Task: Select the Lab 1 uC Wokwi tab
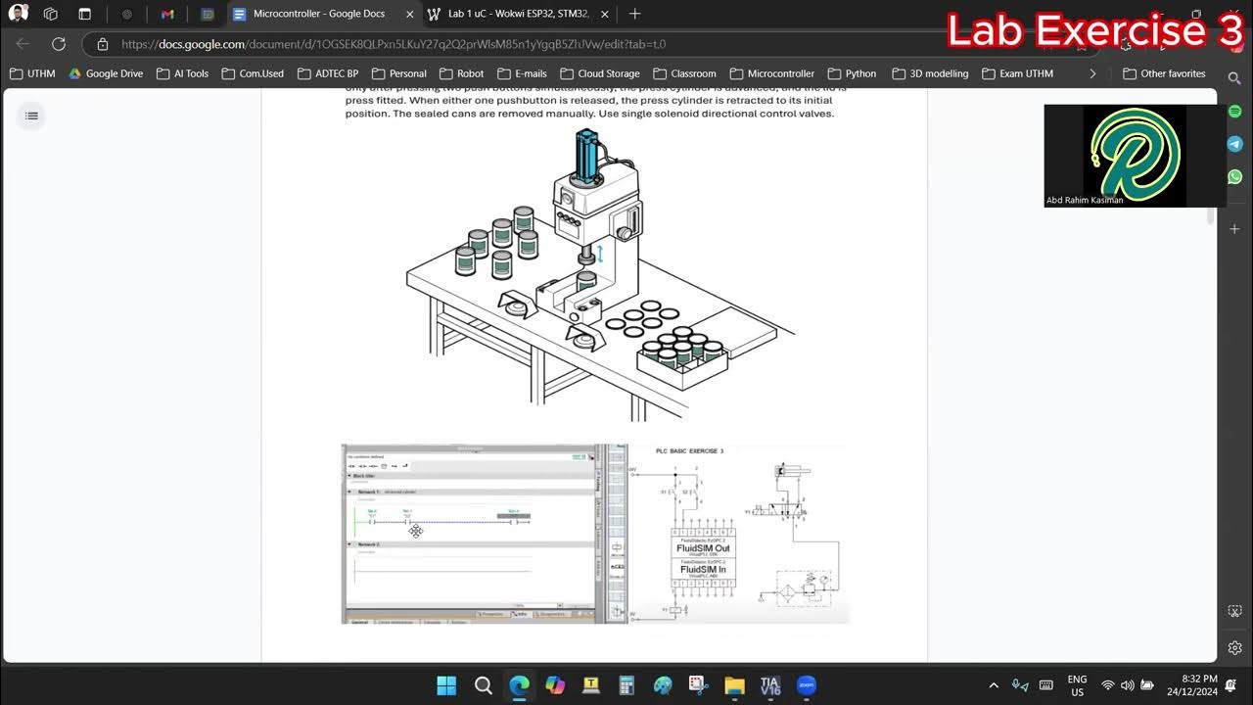click(519, 14)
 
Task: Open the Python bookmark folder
click(852, 73)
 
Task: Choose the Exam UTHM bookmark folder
click(1018, 73)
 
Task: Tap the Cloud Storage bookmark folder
click(600, 73)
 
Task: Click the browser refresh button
click(59, 44)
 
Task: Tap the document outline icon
click(31, 116)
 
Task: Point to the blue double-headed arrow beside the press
click(601, 255)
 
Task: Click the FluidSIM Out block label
click(703, 548)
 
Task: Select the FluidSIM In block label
click(703, 569)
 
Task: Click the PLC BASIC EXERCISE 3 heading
click(689, 451)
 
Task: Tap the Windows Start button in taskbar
click(446, 685)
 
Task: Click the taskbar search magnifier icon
click(483, 685)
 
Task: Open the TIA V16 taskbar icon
click(769, 685)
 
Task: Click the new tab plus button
click(634, 14)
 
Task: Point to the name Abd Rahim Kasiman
click(1085, 200)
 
